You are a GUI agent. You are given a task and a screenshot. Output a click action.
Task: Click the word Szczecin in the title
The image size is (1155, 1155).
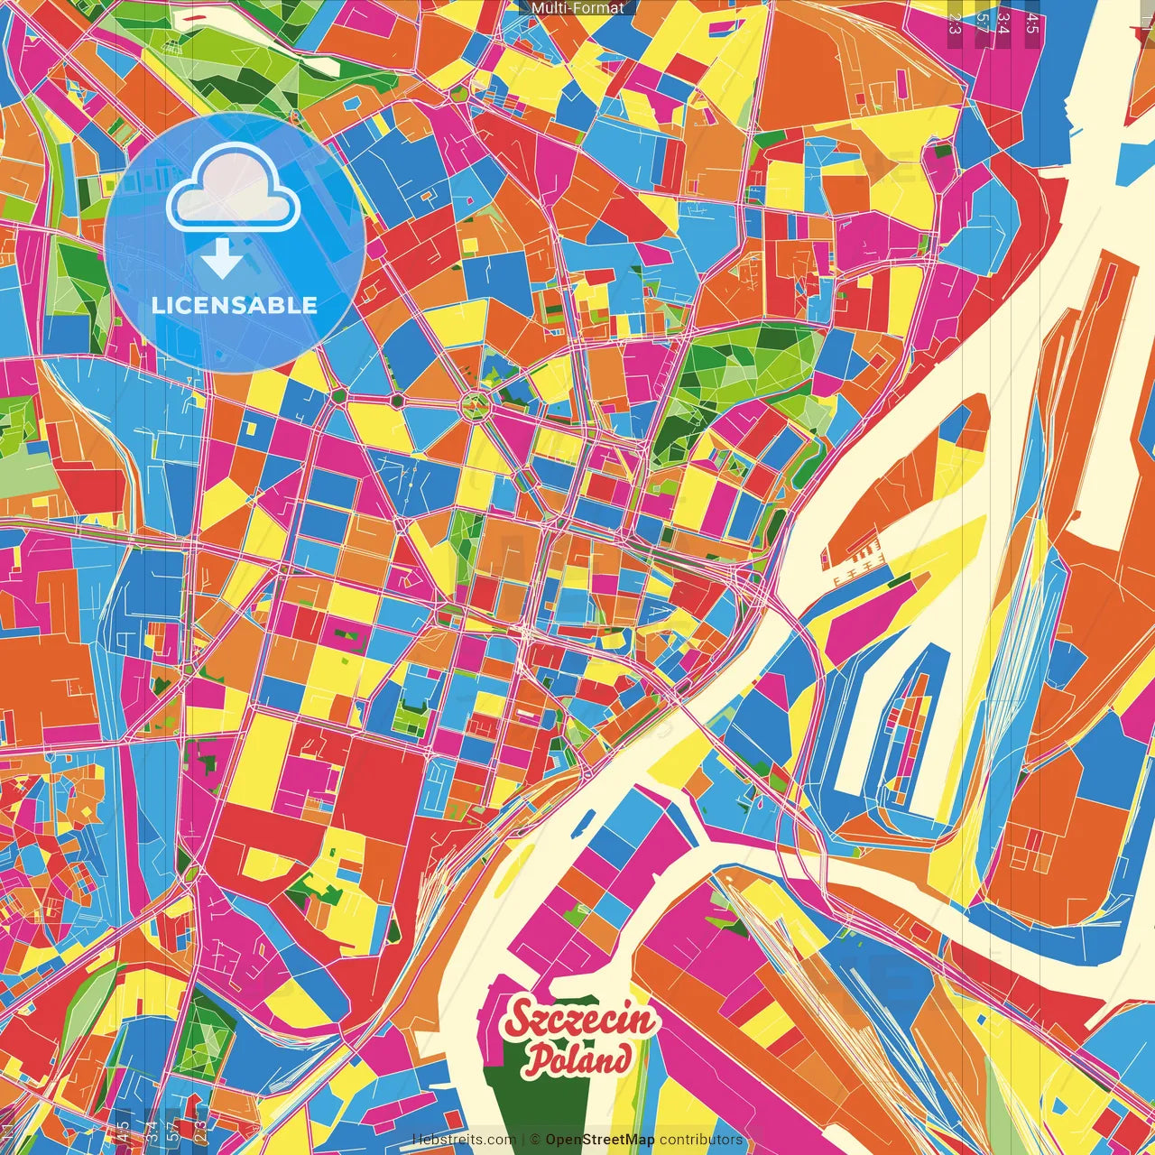(580, 1021)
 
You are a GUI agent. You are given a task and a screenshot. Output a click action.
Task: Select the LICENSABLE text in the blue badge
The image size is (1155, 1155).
(235, 305)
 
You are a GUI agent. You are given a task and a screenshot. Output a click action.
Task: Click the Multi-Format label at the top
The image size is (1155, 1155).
(577, 8)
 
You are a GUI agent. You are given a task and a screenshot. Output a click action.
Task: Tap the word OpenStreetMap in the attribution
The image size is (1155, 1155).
(600, 1140)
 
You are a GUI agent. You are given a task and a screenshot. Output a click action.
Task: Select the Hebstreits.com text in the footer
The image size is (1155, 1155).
(464, 1140)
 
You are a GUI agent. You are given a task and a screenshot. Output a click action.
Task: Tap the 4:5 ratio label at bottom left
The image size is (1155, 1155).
(123, 1130)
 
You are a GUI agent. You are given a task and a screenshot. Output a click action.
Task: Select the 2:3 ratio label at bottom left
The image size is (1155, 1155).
(200, 1130)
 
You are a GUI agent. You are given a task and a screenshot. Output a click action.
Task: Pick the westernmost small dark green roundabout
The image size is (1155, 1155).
(338, 395)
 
